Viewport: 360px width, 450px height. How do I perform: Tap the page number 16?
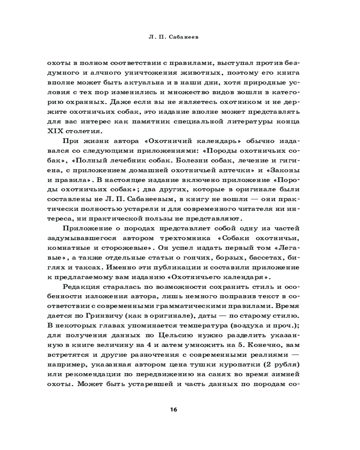tap(174, 409)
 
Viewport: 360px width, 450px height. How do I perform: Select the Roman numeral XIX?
tap(56, 131)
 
